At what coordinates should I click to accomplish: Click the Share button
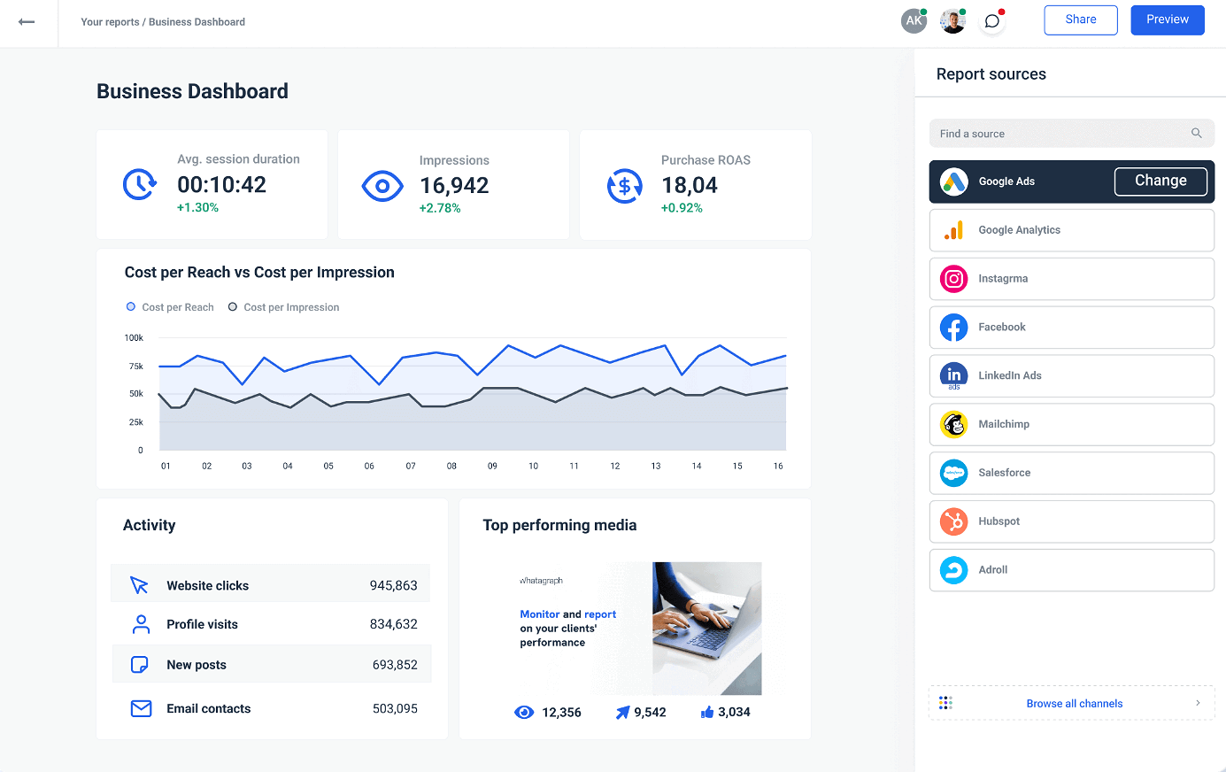(1080, 19)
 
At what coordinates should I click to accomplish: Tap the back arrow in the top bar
(27, 22)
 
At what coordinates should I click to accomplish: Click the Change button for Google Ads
(1160, 181)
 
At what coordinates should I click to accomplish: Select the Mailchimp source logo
(953, 424)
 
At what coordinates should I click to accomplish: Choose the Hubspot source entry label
(999, 521)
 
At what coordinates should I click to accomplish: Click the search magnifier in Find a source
(1196, 134)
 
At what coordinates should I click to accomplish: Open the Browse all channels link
(1074, 704)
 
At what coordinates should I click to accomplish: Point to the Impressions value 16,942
(454, 185)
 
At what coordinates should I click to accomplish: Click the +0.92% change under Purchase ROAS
(682, 208)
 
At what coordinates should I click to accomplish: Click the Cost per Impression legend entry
(284, 307)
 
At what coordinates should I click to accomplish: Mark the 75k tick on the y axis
(136, 366)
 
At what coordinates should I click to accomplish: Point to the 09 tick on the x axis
(492, 466)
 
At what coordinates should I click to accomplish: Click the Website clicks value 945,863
(393, 586)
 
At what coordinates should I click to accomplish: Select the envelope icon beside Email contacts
(141, 708)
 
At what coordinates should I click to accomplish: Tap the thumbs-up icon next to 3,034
(707, 712)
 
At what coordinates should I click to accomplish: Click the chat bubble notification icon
(992, 21)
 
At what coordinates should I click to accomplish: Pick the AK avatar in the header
(914, 21)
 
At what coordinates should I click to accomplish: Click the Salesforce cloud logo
(953, 473)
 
